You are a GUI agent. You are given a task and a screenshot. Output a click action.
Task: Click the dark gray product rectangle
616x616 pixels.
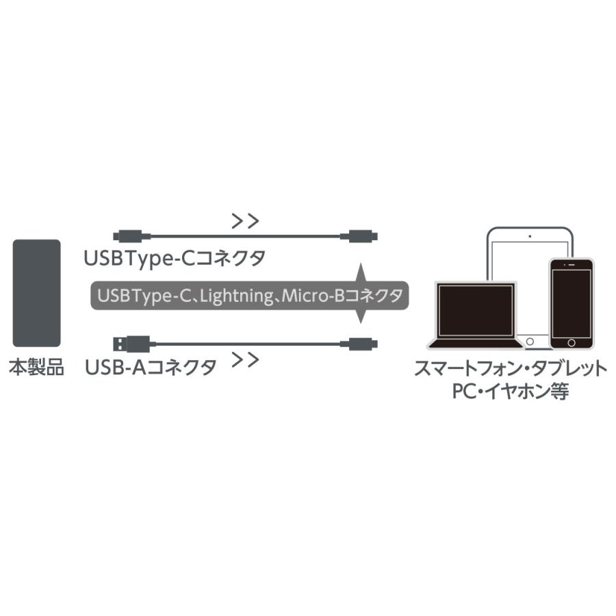(x=36, y=293)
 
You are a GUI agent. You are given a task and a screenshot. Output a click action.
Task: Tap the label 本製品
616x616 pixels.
(x=36, y=368)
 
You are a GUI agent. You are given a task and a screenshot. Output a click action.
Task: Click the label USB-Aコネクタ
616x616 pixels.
(x=151, y=368)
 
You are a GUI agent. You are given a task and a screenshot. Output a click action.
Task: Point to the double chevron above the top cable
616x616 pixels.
(x=245, y=221)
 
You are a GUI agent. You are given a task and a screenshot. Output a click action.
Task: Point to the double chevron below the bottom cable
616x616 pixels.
(x=245, y=359)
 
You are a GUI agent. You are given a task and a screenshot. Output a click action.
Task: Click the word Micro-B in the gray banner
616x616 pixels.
(x=312, y=296)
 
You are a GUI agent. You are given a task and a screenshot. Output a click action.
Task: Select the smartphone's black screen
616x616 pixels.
(x=571, y=301)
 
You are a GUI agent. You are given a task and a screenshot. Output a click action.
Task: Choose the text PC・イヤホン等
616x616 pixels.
(x=511, y=393)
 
